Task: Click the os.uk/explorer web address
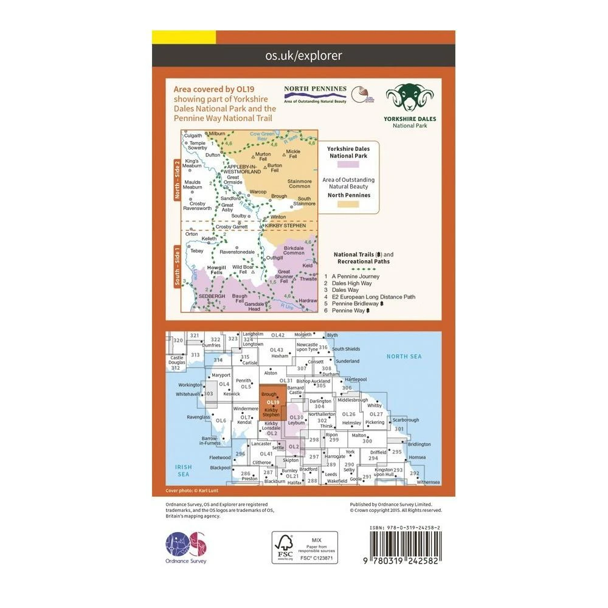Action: click(x=303, y=56)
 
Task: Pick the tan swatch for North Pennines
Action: click(x=350, y=205)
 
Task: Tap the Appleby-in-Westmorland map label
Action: click(x=244, y=169)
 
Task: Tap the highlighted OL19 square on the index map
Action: click(x=273, y=402)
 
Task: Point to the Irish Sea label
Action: click(x=183, y=470)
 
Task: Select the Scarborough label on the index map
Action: click(x=406, y=420)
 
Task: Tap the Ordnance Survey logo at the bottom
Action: click(x=186, y=547)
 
